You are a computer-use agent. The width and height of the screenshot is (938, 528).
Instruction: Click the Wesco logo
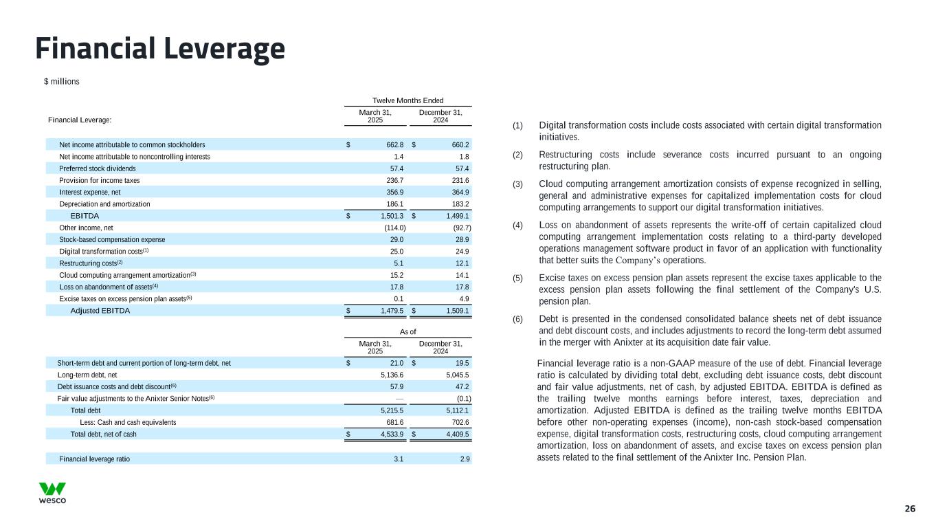click(52, 493)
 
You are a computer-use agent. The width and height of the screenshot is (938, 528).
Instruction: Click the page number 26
click(910, 509)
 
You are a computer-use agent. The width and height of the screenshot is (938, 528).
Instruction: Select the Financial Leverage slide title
click(160, 49)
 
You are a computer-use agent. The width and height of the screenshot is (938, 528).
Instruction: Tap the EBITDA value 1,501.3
click(390, 216)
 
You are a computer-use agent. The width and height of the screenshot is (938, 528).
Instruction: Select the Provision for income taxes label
click(100, 180)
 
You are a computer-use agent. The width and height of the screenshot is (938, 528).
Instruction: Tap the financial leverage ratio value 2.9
click(465, 459)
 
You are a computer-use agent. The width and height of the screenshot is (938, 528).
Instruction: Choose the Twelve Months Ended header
click(408, 100)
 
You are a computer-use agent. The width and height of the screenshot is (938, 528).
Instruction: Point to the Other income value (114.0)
click(394, 228)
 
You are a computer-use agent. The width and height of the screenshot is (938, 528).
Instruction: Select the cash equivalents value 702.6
click(460, 422)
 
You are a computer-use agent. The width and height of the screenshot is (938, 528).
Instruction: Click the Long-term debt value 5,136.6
click(390, 375)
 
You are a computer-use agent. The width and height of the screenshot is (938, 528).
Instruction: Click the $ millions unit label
click(61, 82)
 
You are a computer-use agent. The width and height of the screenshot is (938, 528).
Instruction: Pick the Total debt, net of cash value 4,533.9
click(390, 434)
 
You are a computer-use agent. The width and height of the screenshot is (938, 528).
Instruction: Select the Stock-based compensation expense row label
click(112, 239)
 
